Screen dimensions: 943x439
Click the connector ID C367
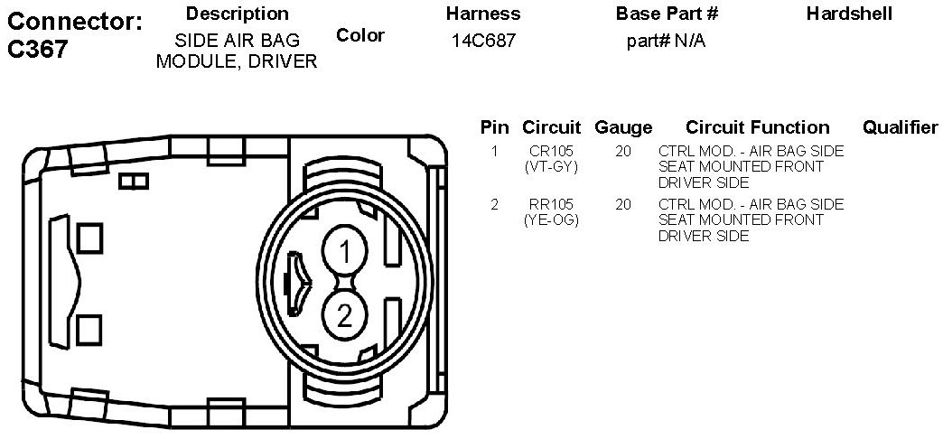tap(37, 50)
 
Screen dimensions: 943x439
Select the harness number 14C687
tap(483, 41)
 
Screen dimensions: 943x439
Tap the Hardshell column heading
tap(849, 14)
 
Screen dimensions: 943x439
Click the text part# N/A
tap(666, 41)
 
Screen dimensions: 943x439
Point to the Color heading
tap(360, 35)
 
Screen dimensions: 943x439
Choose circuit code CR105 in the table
tap(552, 151)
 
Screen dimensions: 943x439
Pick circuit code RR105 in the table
tap(552, 204)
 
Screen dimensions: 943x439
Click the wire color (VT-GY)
tap(552, 167)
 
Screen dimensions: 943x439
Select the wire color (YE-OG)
tap(552, 220)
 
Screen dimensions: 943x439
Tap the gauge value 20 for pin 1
tap(623, 151)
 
